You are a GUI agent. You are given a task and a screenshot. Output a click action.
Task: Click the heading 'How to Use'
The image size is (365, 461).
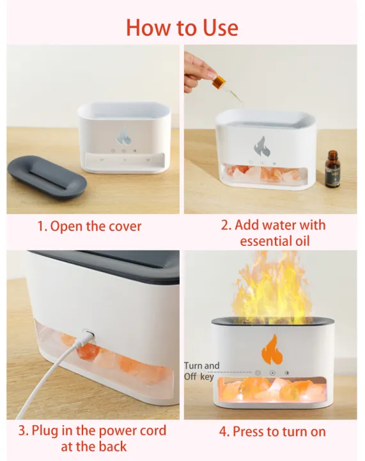(182, 28)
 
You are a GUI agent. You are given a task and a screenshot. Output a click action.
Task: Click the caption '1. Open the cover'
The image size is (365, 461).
(89, 226)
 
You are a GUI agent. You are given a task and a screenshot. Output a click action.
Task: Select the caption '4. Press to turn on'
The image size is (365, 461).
(272, 432)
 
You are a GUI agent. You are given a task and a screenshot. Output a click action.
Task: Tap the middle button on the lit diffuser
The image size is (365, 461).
(272, 372)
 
